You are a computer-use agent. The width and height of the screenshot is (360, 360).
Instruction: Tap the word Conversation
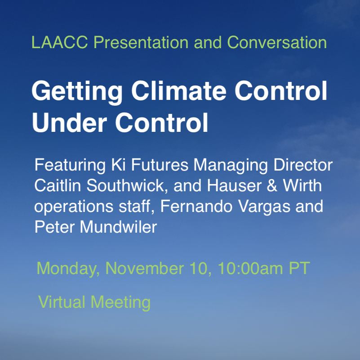point(277,43)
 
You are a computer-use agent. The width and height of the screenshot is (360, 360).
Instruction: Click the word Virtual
point(62,301)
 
